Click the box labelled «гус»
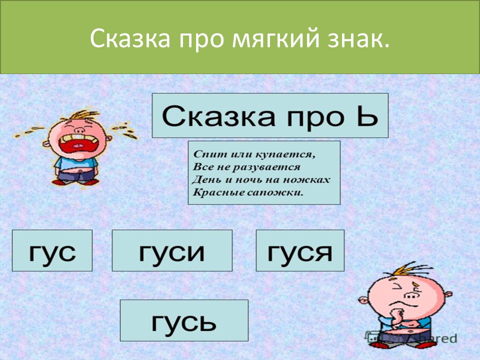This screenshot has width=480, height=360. [x=52, y=250]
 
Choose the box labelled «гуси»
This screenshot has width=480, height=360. [x=172, y=250]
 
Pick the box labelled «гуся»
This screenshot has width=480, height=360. [x=300, y=250]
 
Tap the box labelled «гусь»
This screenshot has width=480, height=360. [x=184, y=320]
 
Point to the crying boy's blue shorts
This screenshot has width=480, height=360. [x=76, y=175]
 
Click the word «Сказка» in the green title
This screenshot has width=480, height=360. [x=130, y=38]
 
